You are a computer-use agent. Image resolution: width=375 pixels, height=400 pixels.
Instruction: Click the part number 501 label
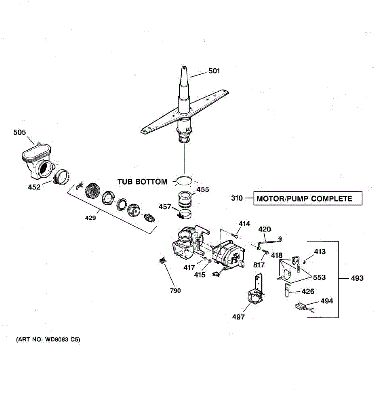[x=214, y=71]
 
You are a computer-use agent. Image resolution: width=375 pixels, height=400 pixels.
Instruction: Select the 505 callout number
[x=19, y=132]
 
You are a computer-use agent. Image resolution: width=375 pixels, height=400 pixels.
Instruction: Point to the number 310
[x=237, y=198]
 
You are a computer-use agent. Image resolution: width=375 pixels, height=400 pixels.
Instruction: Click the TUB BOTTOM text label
[x=142, y=182]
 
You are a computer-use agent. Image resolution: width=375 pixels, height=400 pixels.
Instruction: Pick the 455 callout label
[x=203, y=190]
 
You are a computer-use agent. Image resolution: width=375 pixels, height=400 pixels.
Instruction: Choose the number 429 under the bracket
[x=90, y=218]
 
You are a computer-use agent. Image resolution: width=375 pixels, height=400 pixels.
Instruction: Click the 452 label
[x=34, y=187]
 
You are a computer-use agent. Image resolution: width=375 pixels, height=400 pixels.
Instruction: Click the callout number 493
[x=357, y=278]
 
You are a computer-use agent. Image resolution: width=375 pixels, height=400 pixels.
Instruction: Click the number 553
[x=319, y=277]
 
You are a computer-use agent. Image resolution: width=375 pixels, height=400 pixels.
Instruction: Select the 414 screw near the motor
[x=236, y=236]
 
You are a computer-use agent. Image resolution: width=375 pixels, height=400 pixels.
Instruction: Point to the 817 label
[x=259, y=265]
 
